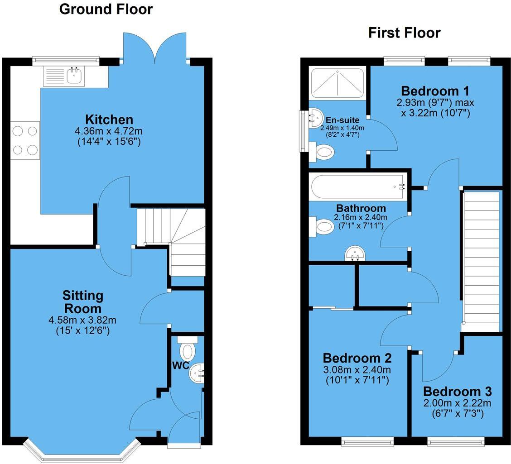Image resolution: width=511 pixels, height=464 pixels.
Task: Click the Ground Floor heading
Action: pyautogui.click(x=106, y=9)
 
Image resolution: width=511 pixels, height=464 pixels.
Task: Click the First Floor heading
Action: pyautogui.click(x=404, y=33)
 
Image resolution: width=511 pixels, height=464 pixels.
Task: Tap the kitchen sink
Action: pyautogui.click(x=75, y=76)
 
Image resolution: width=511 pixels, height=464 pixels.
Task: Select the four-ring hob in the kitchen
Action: pyautogui.click(x=25, y=140)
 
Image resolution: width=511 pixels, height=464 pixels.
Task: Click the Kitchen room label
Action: pyautogui.click(x=109, y=120)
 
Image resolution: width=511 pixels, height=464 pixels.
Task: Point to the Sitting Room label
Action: pyautogui.click(x=83, y=302)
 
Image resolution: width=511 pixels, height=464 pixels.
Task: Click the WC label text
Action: pyautogui.click(x=180, y=365)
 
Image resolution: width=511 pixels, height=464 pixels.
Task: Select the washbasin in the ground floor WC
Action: pyautogui.click(x=197, y=374)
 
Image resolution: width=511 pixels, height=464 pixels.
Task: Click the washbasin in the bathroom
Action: pyautogui.click(x=355, y=254)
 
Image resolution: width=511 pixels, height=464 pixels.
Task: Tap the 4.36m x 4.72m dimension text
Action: pyautogui.click(x=109, y=131)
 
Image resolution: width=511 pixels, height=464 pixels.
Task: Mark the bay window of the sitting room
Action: pyautogui.click(x=82, y=454)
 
